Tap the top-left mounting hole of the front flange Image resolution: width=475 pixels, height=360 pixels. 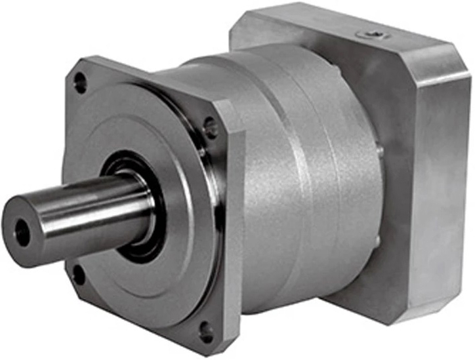coord(80,83)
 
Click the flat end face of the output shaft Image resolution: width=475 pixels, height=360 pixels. coord(25,230)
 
